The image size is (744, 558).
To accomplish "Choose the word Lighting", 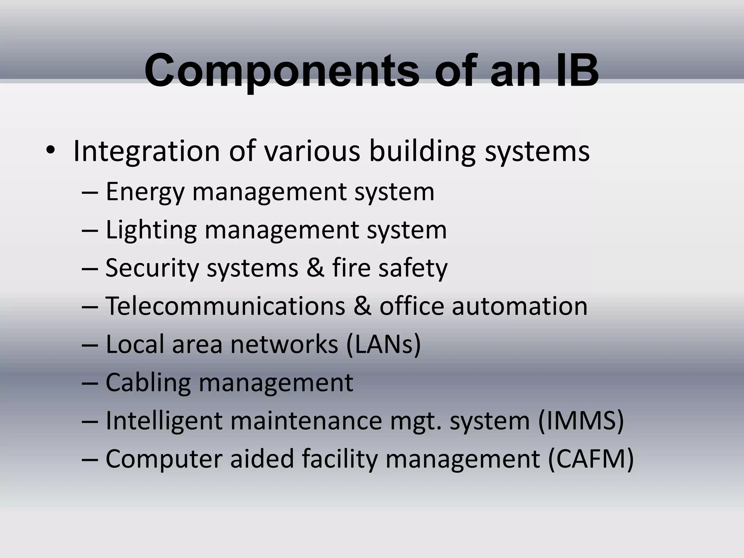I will coord(151,230).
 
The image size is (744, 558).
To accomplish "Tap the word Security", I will coord(152,268).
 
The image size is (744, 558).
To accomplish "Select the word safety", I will coord(413,268).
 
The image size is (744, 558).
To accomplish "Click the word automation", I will coord(519,306).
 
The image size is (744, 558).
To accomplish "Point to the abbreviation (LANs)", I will coord(383,344).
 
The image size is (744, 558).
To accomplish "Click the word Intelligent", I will coord(164,421).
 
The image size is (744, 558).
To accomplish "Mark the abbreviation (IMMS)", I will coord(581,421).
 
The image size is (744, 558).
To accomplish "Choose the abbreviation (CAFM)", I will coord(590,459).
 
